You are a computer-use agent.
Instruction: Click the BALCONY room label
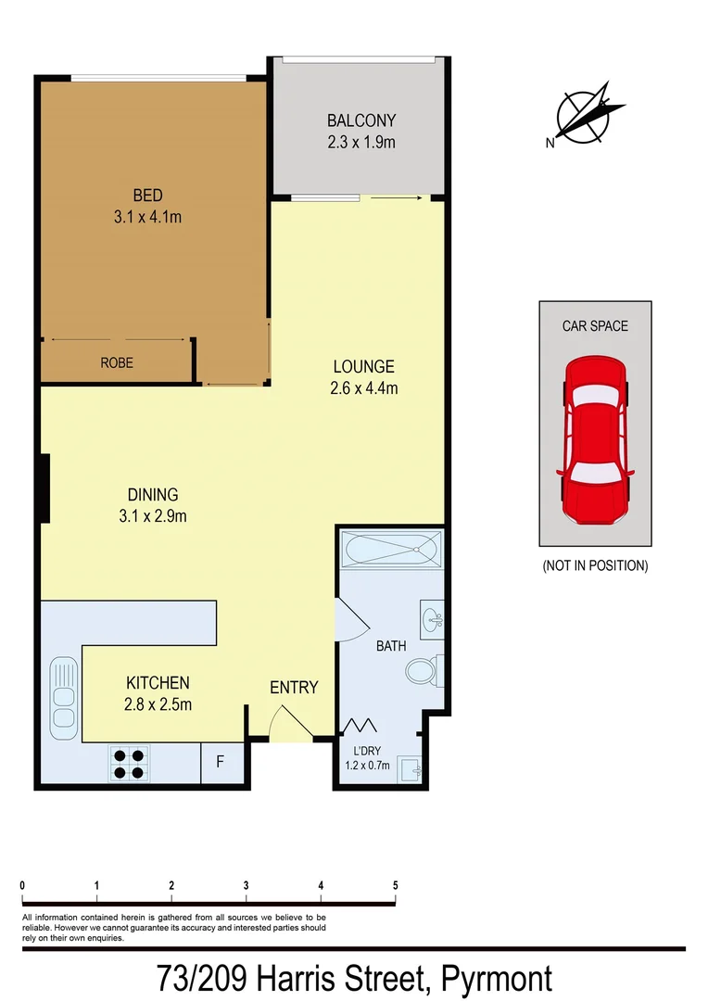click(361, 120)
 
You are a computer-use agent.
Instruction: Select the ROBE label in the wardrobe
click(117, 363)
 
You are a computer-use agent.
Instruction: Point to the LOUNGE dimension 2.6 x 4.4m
click(363, 388)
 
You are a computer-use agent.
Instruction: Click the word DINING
click(153, 495)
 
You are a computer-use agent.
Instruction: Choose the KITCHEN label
click(158, 682)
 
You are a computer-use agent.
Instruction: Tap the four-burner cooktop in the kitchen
click(128, 763)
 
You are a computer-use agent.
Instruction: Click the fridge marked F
click(220, 763)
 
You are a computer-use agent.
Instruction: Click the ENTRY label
click(294, 688)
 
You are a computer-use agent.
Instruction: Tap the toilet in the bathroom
click(424, 669)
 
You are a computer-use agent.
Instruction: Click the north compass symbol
click(584, 118)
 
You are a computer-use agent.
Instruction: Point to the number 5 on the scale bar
click(396, 886)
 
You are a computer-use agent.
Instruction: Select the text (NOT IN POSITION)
click(595, 565)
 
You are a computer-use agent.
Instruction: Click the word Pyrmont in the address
click(497, 978)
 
